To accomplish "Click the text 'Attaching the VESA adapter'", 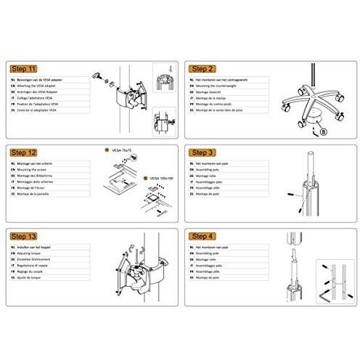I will [x=39, y=85].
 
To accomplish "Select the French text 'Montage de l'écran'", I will [x=33, y=187].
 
